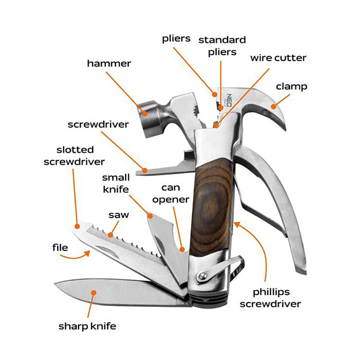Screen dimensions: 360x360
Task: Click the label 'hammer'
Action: tap(109, 64)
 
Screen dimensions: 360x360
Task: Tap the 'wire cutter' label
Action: tap(278, 57)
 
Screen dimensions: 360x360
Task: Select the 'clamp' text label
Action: tap(291, 86)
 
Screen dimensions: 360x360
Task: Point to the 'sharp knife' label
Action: tap(87, 326)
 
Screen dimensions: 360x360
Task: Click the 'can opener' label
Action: tap(174, 193)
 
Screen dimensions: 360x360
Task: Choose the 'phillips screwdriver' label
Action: tap(270, 298)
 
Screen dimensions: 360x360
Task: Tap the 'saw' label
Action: tap(119, 215)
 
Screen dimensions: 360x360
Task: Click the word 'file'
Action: tap(60, 247)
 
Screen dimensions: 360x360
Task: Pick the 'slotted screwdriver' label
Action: tap(74, 156)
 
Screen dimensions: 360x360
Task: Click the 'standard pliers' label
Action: tap(222, 46)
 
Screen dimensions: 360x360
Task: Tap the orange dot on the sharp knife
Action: tap(94, 291)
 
